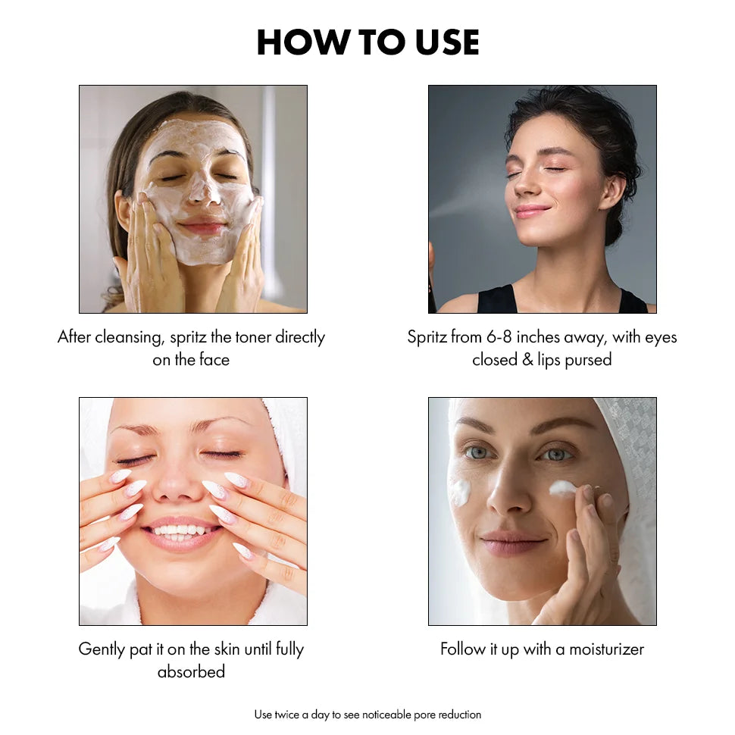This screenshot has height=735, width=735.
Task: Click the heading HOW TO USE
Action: point(367,42)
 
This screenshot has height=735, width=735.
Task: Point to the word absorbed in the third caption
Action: point(191,672)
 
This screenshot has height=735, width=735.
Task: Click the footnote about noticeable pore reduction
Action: point(367,715)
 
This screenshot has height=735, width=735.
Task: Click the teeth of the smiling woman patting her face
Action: point(180,530)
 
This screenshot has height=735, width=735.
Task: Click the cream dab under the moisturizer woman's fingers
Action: point(562,488)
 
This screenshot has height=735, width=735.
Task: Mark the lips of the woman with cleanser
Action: point(203,227)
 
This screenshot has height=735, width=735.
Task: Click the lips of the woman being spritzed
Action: point(533,211)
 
